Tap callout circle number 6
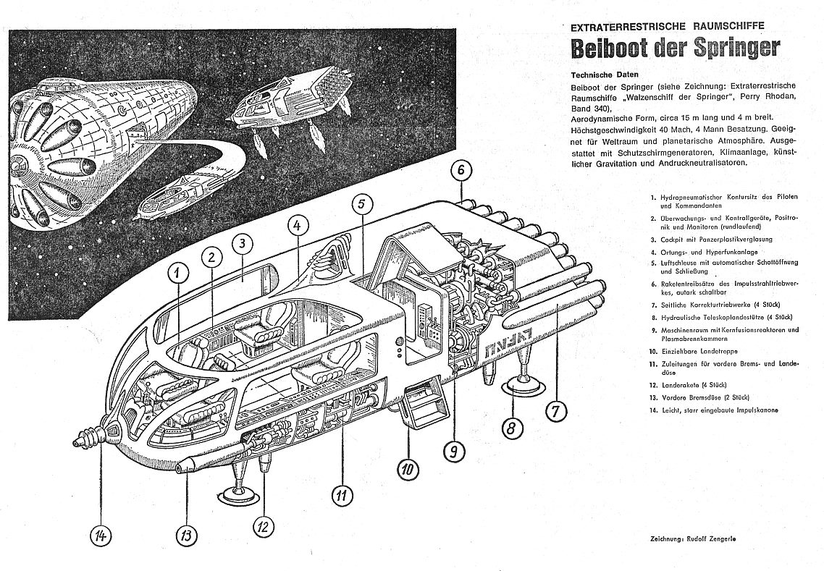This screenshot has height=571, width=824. pyautogui.click(x=461, y=172)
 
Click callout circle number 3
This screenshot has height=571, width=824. pyautogui.click(x=243, y=244)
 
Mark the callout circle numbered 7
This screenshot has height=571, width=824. pyautogui.click(x=556, y=410)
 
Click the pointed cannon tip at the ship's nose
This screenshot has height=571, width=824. pyautogui.click(x=77, y=441)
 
